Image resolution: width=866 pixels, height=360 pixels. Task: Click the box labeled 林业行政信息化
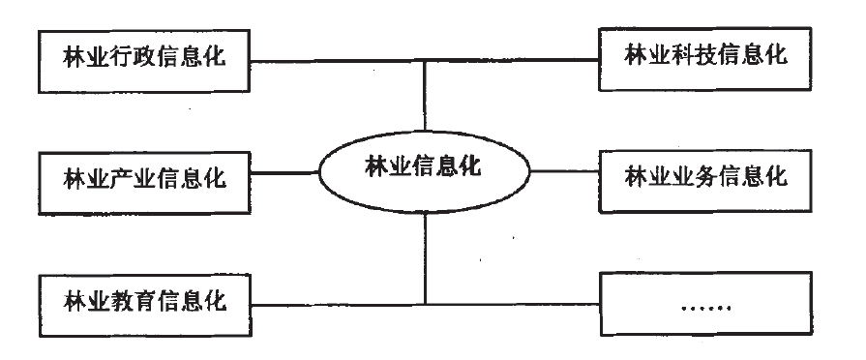[x=143, y=56]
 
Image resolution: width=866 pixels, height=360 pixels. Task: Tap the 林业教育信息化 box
[x=143, y=301]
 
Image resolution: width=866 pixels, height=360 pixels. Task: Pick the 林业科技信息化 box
[x=705, y=56]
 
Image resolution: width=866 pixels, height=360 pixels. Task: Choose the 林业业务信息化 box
[x=705, y=178]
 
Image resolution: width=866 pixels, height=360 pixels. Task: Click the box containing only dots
[x=705, y=306]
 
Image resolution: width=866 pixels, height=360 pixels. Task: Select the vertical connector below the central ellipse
[x=425, y=256]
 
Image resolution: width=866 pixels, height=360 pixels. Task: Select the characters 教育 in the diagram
[x=125, y=301]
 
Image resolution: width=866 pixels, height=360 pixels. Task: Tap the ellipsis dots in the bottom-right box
[x=705, y=309]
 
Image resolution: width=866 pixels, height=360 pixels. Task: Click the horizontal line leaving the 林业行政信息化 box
[x=329, y=63]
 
